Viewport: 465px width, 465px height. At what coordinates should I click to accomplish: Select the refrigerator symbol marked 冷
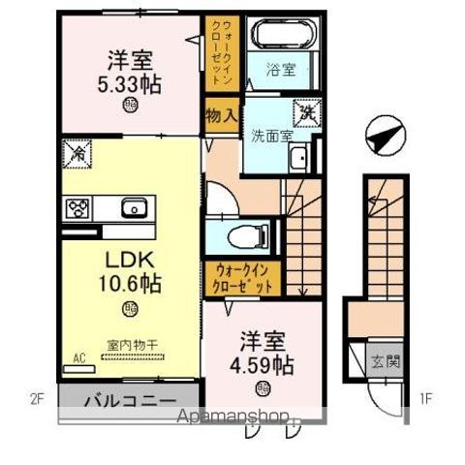click(77, 151)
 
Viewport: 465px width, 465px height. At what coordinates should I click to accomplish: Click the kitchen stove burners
click(77, 207)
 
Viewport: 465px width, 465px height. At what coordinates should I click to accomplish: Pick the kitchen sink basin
click(133, 207)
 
